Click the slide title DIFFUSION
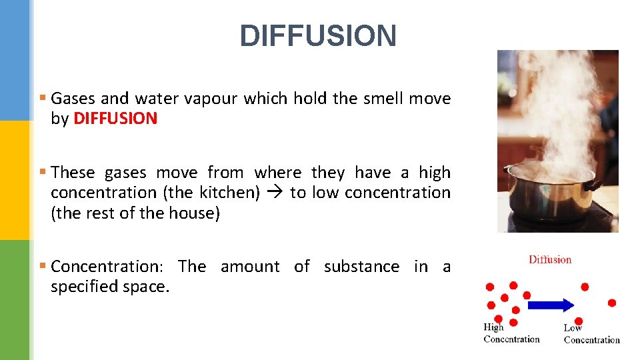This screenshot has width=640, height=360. point(318,36)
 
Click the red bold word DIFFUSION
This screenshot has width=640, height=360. point(115,119)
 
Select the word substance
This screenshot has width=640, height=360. point(361,267)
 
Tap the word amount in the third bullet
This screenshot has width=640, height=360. point(250,267)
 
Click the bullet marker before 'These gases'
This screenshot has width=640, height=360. point(43,172)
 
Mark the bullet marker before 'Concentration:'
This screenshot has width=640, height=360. point(43,266)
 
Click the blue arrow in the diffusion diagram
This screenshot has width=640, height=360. point(550,305)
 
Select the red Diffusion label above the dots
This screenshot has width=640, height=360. point(550,259)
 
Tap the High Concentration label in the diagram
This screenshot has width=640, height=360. point(511,333)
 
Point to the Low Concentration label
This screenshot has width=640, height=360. point(591,334)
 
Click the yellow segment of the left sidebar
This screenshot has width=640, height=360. point(15,180)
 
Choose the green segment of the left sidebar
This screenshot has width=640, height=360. point(15,300)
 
